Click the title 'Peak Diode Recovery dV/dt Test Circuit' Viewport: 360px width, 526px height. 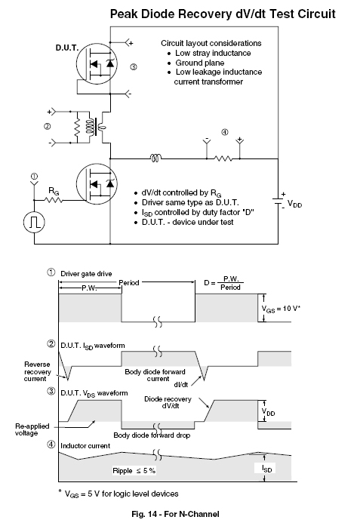[223, 14]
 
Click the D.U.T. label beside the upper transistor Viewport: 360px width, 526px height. [66, 48]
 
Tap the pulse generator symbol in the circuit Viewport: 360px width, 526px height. [34, 222]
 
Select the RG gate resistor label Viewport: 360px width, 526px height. [54, 192]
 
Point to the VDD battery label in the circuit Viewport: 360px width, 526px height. [294, 204]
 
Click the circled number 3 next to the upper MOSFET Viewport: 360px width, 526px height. [134, 66]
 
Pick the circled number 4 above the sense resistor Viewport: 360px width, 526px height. [224, 132]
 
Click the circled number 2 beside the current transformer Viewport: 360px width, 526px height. [47, 127]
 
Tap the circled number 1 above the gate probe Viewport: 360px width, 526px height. [34, 177]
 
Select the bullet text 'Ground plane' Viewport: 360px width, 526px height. [200, 63]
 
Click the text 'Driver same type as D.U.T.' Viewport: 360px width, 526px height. [190, 202]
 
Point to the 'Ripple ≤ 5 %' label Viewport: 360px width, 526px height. [134, 471]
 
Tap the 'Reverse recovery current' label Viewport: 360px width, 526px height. [37, 372]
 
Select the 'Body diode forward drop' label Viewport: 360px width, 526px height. [152, 435]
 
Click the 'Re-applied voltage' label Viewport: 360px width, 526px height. [32, 429]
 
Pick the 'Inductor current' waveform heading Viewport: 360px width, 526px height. [85, 446]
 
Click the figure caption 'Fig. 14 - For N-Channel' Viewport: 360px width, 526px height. [175, 514]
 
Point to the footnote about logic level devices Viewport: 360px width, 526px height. [118, 494]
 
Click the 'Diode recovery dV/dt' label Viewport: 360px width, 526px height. [168, 402]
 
